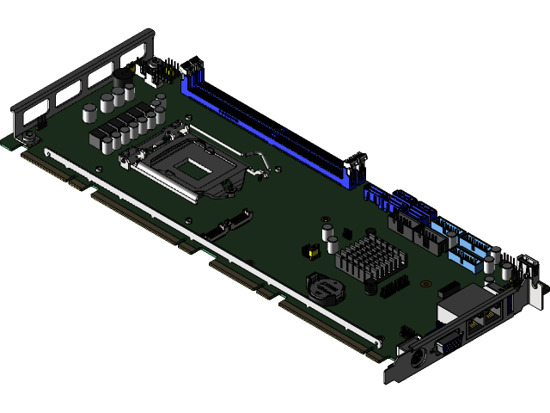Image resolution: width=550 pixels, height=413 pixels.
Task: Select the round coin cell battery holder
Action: point(325,286)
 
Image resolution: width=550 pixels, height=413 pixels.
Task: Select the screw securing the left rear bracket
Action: point(28,138)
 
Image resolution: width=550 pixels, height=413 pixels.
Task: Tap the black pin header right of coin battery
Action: point(393,287)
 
